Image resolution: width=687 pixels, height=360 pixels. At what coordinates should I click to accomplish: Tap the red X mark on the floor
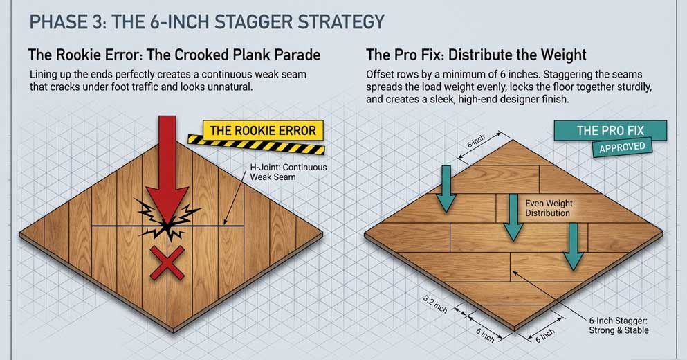[x=167, y=262]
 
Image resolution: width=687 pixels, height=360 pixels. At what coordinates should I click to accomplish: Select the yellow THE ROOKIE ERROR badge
[x=263, y=131]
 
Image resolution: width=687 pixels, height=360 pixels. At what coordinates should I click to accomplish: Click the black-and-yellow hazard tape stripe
[x=257, y=145]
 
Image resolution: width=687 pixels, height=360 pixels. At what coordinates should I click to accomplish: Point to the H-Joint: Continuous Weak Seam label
[x=288, y=172]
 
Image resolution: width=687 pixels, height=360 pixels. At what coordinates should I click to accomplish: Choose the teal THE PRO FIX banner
[x=610, y=131]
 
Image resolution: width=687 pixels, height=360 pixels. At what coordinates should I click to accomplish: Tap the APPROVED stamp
[x=622, y=147]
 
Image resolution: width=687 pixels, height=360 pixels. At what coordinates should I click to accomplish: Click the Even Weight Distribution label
[x=549, y=208]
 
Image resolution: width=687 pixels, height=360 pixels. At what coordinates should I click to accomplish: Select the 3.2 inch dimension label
[x=435, y=304]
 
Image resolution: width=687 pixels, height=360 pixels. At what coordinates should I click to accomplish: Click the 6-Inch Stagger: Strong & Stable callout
[x=619, y=325]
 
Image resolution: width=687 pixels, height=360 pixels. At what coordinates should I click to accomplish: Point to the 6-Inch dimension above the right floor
[x=476, y=142]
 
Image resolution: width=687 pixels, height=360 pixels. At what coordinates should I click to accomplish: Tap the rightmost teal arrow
[x=573, y=246]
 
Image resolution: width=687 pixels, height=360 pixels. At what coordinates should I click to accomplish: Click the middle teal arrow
[x=513, y=217]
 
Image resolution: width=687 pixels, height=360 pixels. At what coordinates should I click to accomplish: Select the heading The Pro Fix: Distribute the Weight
[x=476, y=55]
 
